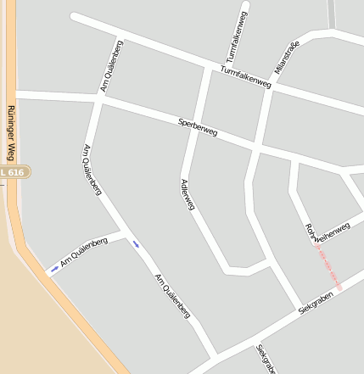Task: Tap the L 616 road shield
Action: [15, 172]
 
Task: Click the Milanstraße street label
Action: [288, 57]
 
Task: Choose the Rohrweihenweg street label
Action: [327, 231]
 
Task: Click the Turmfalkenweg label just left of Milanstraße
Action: [244, 78]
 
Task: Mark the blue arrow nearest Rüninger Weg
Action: [54, 269]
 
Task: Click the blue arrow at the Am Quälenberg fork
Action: [135, 245]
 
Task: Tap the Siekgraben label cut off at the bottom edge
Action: [266, 360]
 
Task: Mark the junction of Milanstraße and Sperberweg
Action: [257, 146]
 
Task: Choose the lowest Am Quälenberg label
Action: [171, 296]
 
